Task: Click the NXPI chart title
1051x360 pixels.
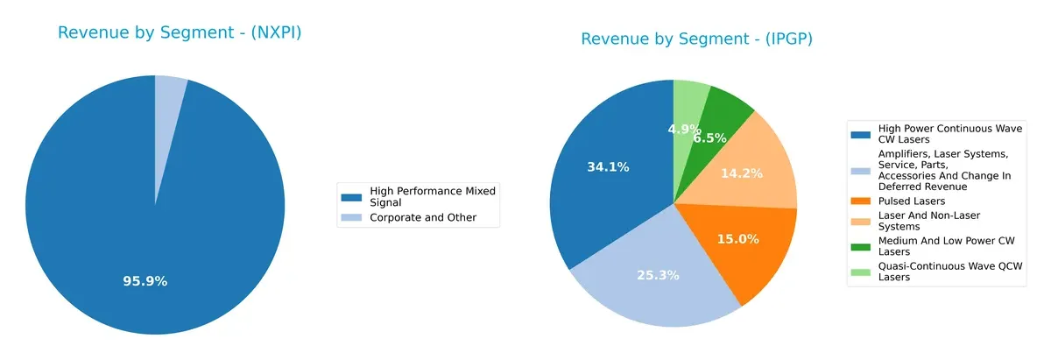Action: coord(186,33)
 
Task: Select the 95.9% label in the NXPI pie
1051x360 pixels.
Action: coord(145,281)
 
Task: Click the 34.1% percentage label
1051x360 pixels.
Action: coord(608,166)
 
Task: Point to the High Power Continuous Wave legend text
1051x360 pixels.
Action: coord(937,134)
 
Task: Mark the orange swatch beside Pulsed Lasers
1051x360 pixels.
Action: coord(860,201)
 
